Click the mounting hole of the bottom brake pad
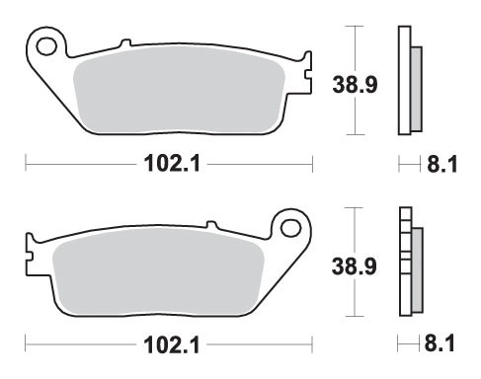point(290,228)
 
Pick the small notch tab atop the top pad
point(123,43)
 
